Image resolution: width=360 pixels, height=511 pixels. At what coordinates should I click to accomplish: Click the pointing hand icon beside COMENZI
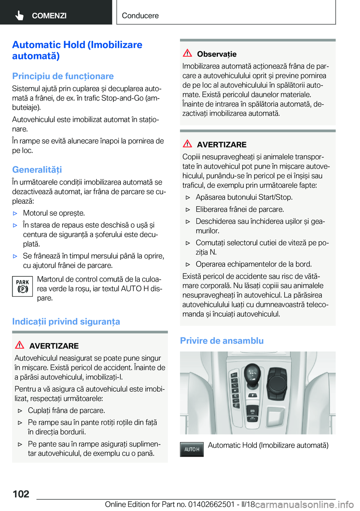point(19,15)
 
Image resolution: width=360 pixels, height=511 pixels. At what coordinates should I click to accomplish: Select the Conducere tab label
point(140,16)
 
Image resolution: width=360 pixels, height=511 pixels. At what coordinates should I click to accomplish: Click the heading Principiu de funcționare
point(63,76)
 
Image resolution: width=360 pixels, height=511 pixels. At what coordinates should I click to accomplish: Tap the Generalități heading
point(37,170)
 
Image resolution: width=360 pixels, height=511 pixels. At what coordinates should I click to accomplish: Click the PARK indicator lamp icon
point(22,286)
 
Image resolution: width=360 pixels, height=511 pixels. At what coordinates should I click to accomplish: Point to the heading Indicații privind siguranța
point(66,322)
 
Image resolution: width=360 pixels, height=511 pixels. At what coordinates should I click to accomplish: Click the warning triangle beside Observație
point(187,53)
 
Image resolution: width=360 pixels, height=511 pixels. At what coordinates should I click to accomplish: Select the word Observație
point(217,54)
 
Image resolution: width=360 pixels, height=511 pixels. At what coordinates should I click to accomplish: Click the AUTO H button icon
point(192,449)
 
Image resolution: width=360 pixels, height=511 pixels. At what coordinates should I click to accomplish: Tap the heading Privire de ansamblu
point(222,341)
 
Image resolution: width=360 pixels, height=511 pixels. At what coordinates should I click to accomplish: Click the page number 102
point(21,494)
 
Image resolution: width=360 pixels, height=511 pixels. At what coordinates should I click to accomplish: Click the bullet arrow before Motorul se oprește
point(15,213)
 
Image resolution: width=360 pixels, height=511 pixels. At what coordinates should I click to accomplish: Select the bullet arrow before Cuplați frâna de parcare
point(20,411)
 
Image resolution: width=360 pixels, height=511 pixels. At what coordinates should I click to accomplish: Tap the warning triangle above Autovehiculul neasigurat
point(19,345)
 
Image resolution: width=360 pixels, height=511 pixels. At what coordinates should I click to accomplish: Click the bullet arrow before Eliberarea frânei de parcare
point(188,210)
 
